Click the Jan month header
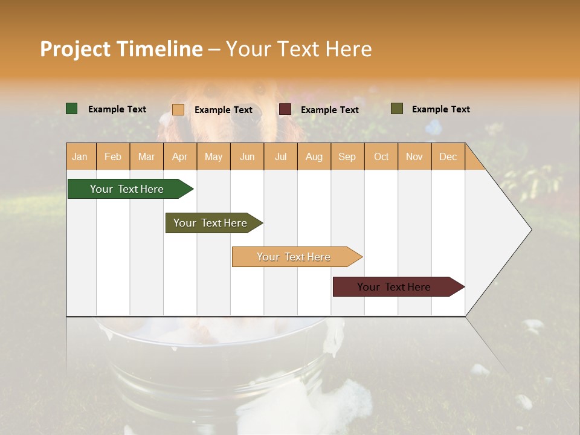click(80, 157)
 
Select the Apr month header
click(179, 157)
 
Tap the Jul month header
click(280, 157)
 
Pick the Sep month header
click(347, 157)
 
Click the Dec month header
click(448, 157)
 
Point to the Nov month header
click(414, 157)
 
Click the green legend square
click(72, 109)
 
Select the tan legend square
click(178, 109)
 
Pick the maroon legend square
click(285, 109)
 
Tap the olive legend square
click(397, 109)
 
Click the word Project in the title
click(76, 49)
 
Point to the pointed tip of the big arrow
click(530, 230)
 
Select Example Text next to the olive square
click(440, 109)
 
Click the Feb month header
click(113, 157)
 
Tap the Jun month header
click(246, 157)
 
